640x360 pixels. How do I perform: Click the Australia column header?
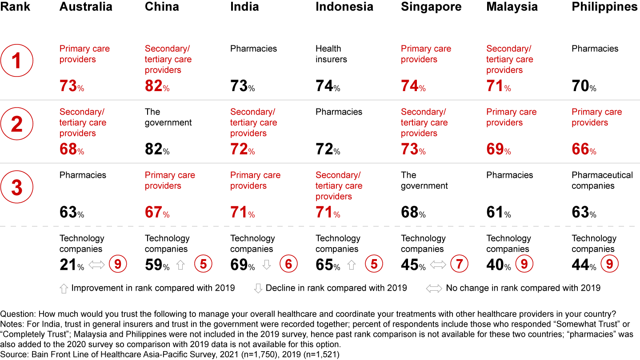tap(86, 7)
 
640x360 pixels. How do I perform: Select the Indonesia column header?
tap(344, 7)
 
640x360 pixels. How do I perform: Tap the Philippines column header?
tap(605, 7)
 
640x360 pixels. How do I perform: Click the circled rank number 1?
tap(17, 61)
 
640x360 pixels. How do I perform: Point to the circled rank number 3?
tap(17, 187)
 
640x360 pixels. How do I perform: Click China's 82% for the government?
tap(157, 149)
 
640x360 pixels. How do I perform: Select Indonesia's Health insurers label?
tap(331, 54)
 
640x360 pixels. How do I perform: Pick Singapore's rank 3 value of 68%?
tap(413, 212)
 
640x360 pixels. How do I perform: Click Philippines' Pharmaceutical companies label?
tap(602, 180)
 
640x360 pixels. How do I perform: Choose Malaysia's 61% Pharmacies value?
tap(498, 212)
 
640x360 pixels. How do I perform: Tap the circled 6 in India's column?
tap(288, 264)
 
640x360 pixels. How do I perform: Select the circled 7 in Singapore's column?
tap(459, 264)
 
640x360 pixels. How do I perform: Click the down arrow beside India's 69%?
tap(266, 265)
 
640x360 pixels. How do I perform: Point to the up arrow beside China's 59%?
tap(180, 265)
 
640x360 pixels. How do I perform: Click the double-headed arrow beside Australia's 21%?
tap(96, 265)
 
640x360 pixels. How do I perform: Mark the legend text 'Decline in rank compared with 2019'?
tap(336, 288)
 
